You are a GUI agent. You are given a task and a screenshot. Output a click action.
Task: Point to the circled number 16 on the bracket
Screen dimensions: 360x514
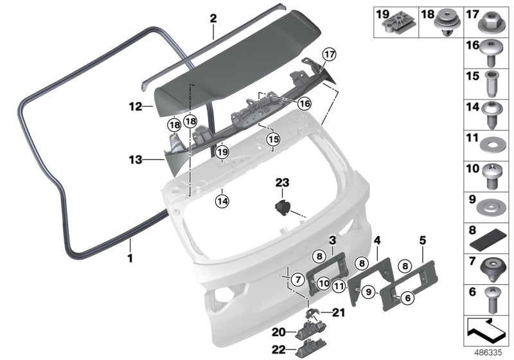coord(304,103)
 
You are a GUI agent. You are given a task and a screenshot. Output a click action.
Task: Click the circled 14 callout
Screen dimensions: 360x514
coord(220,201)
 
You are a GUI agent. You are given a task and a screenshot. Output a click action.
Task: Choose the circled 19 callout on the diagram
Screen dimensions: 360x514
coord(222,152)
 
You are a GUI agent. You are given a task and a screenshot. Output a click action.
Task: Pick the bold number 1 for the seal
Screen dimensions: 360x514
coord(130,259)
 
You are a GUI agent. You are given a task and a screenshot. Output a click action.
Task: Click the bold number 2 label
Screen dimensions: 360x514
coord(213,19)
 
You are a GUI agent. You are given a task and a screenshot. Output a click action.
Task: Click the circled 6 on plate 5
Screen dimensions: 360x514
coord(407,296)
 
